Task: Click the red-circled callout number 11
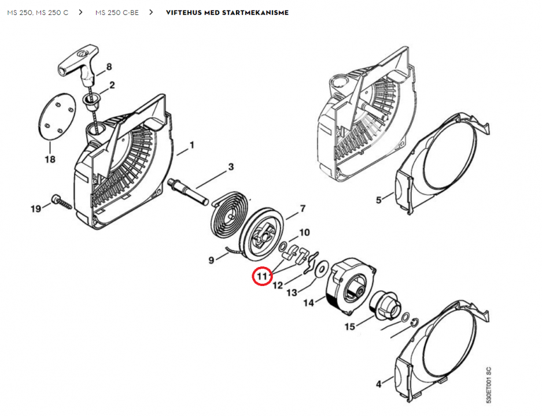262,276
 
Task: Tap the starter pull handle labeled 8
79,64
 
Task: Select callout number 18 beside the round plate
50,159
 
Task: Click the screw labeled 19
62,202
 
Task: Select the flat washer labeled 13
322,268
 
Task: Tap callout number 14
309,303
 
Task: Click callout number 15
350,326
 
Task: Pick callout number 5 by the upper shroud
378,200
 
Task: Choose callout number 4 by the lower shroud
379,384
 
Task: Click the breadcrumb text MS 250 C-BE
117,13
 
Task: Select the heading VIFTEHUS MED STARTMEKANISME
227,13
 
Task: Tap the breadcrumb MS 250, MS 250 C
38,13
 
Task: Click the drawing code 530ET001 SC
488,385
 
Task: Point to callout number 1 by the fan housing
192,145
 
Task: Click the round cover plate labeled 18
56,117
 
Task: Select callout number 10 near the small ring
304,232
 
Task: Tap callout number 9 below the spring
212,260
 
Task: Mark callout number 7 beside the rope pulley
303,209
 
